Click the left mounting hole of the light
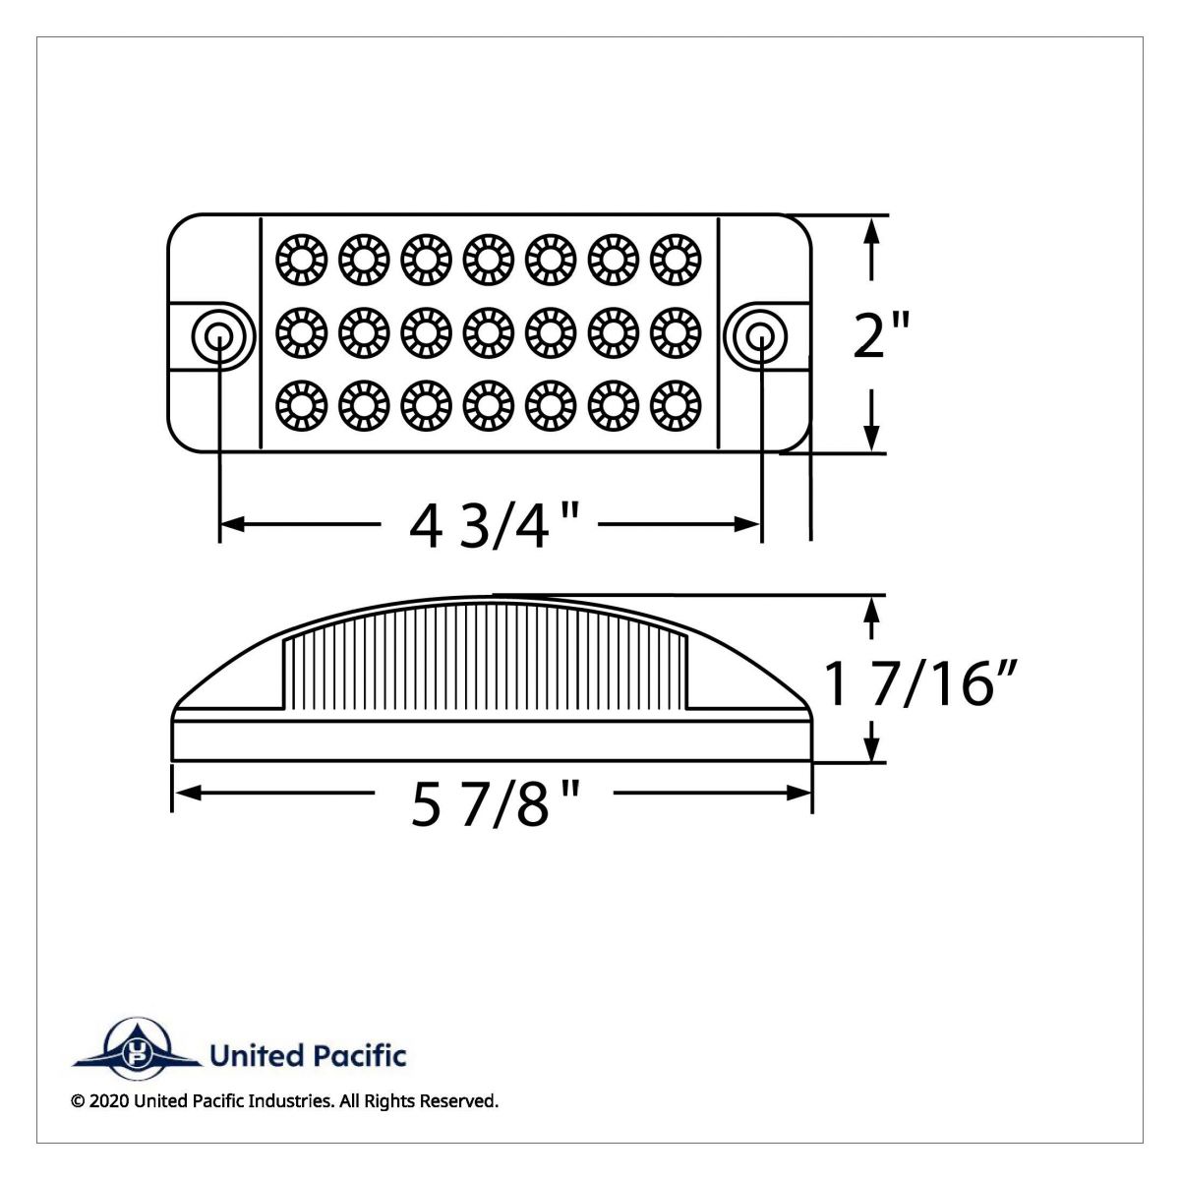[217, 336]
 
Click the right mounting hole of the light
[760, 336]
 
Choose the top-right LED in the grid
[675, 258]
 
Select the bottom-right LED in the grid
[675, 405]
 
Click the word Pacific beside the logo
[360, 1056]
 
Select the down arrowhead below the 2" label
[870, 440]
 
